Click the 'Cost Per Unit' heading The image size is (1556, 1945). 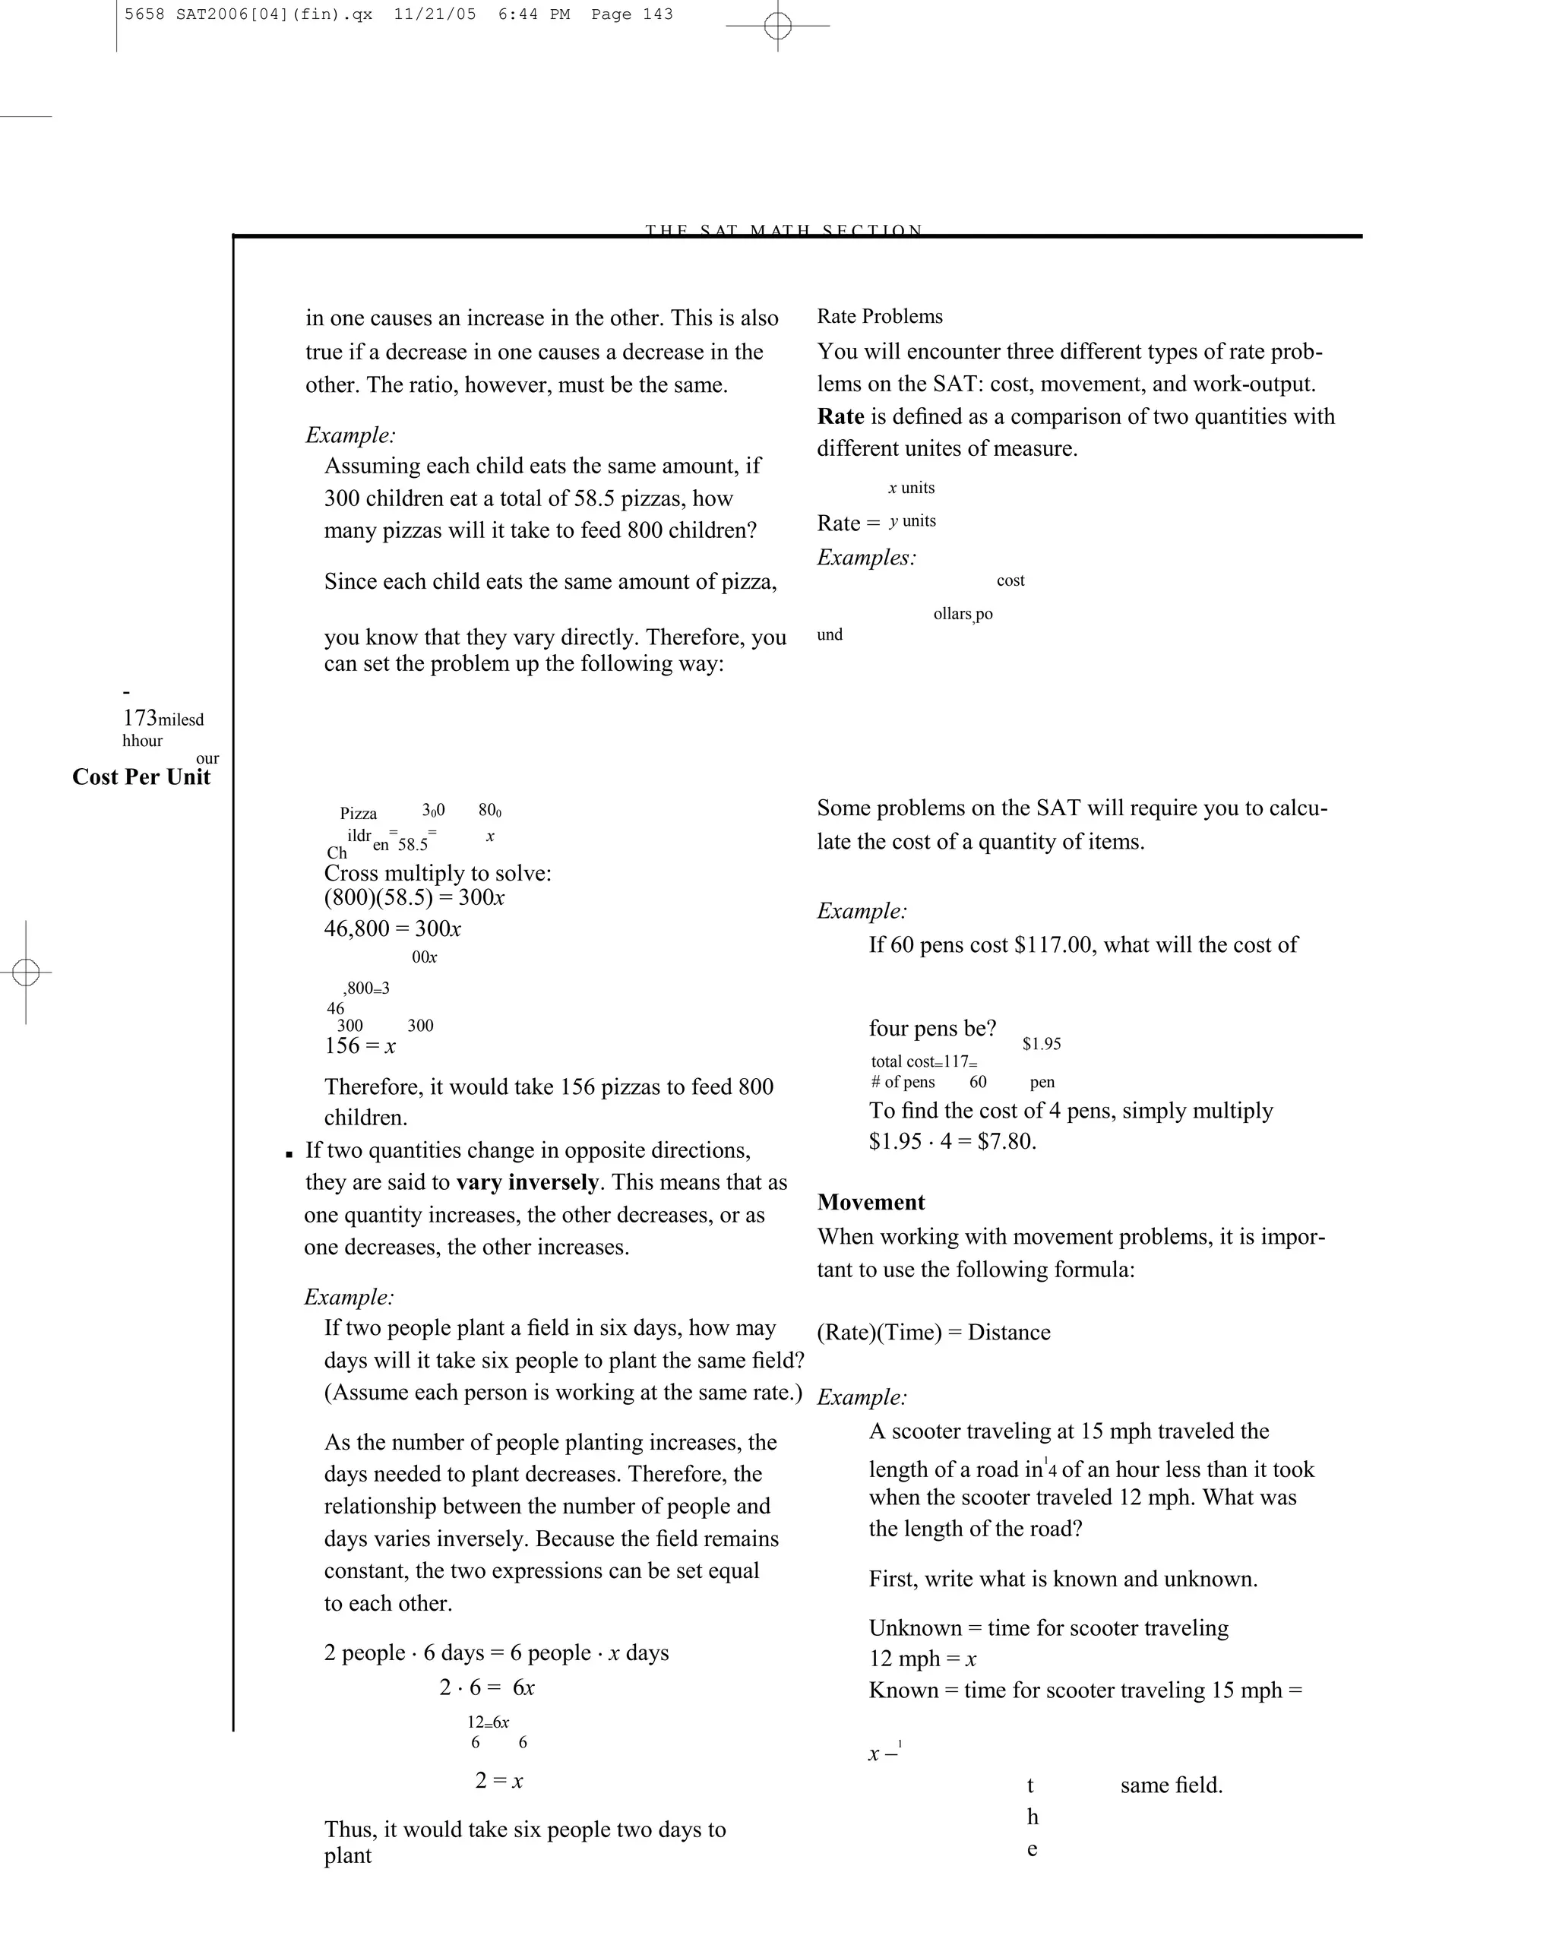tap(141, 778)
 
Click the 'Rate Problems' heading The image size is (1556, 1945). tap(880, 317)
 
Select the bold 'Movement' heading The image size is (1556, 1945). tap(871, 1203)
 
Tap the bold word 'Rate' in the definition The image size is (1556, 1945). tap(840, 417)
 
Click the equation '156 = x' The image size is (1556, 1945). tap(360, 1046)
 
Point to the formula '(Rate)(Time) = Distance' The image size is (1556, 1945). tap(933, 1333)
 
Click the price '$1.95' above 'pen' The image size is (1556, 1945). tap(1041, 1044)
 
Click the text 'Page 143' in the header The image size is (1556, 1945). tap(631, 14)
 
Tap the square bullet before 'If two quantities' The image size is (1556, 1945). tap(289, 1154)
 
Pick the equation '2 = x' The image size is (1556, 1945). tap(499, 1781)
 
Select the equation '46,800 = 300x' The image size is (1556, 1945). tap(392, 929)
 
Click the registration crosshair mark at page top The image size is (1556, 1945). tap(777, 26)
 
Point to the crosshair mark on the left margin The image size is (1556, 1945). tap(26, 972)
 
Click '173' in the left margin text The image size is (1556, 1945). tap(140, 718)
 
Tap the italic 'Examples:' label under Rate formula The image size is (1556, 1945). tap(866, 558)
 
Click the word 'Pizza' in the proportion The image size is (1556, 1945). tap(358, 814)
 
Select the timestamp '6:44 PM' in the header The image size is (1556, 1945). tap(533, 14)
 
